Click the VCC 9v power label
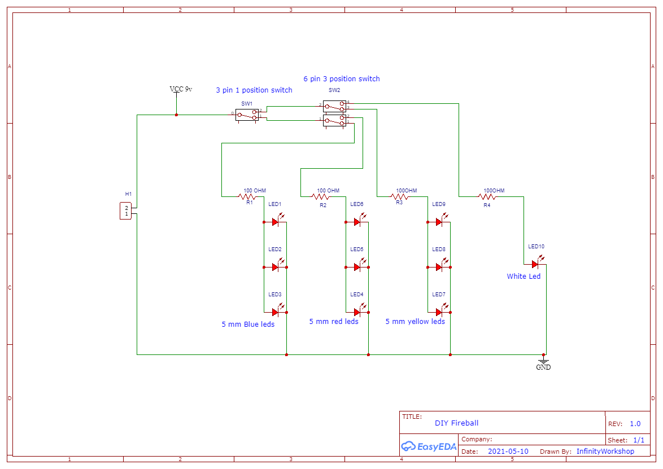(181, 89)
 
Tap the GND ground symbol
(543, 361)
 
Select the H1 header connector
(126, 211)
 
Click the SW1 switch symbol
(247, 115)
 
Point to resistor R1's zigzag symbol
(247, 197)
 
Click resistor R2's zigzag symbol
(322, 197)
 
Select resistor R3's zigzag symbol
(399, 197)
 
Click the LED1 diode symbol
(276, 222)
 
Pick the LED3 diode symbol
(276, 312)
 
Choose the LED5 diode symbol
(357, 266)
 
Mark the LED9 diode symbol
(439, 222)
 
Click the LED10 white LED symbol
(535, 264)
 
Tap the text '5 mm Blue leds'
(248, 325)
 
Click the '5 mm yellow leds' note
(415, 322)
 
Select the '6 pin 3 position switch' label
(341, 79)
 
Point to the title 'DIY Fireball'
(456, 423)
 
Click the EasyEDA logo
(429, 446)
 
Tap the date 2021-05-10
(508, 452)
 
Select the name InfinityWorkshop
(605, 452)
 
